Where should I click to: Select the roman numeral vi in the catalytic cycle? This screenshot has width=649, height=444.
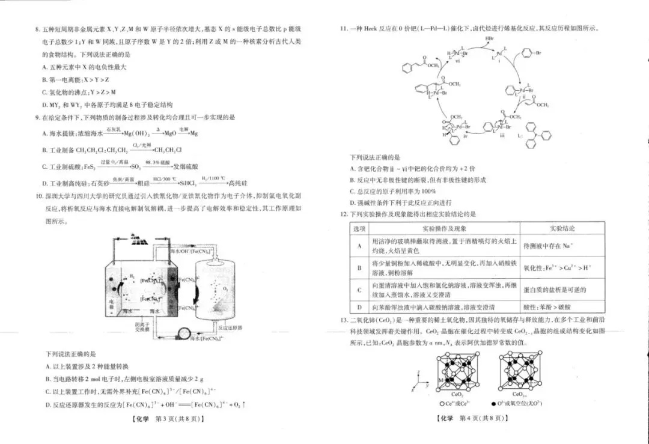click(458, 61)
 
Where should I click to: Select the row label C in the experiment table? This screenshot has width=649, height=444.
click(359, 290)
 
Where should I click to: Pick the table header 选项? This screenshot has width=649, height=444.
click(359, 229)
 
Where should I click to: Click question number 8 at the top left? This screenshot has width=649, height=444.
click(37, 29)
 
